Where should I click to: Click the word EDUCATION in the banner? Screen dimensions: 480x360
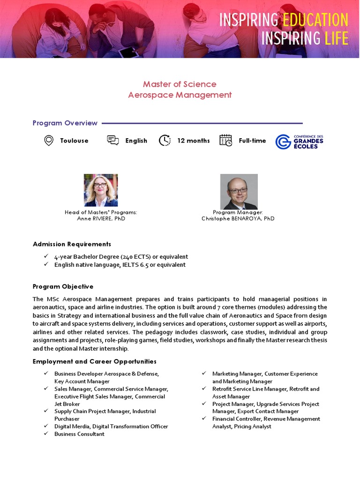pos(315,20)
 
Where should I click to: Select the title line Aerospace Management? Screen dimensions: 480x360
pos(180,95)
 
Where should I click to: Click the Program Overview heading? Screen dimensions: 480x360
pos(65,123)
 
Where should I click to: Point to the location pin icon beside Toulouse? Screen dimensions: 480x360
pos(48,140)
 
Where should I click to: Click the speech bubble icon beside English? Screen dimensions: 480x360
pos(112,140)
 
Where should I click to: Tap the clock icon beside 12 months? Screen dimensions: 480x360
pos(165,140)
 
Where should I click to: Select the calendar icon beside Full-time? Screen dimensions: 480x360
pos(225,140)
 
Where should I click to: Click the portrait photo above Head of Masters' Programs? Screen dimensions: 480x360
pos(101,190)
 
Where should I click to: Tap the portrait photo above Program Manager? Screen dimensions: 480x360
pos(239,192)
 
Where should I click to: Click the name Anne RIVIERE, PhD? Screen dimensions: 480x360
pos(101,218)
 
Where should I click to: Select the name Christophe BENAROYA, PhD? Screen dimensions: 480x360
pos(238,218)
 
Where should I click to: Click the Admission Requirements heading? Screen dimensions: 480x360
pos(72,244)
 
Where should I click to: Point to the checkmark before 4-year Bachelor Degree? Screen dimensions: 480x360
pos(45,256)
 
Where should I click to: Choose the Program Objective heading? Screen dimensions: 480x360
pos(63,286)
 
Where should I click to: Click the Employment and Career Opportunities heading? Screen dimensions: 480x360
pos(94,361)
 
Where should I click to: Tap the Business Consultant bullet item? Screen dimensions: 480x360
pos(79,434)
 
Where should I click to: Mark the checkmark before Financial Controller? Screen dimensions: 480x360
pos(204,419)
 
